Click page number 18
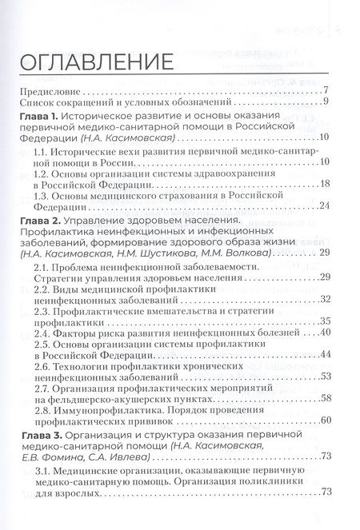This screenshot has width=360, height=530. (x=326, y=184)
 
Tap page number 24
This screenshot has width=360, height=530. (x=326, y=205)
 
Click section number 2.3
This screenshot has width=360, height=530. (x=43, y=310)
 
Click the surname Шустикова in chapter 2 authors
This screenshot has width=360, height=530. (x=167, y=253)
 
